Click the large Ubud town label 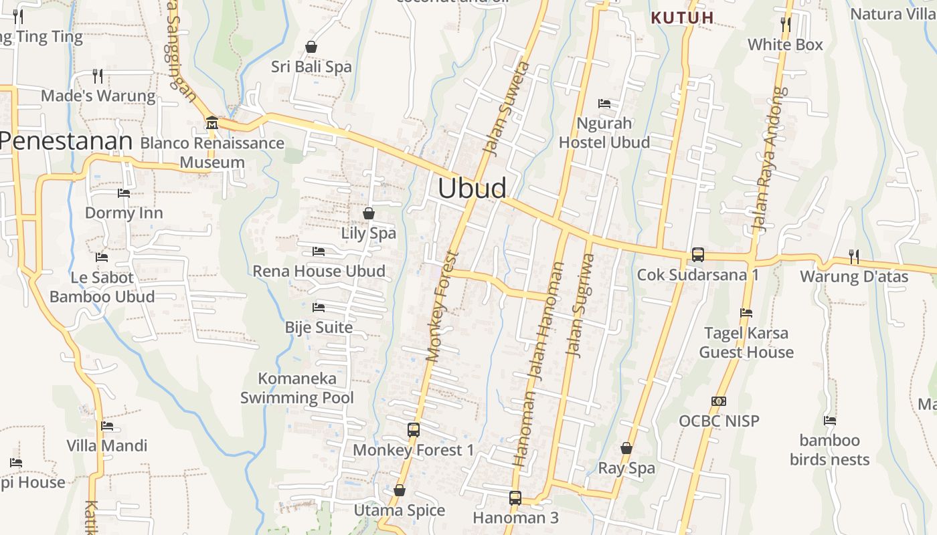coord(472,189)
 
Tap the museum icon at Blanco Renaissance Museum coord(212,123)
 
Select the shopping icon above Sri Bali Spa coord(311,47)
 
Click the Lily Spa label coord(369,233)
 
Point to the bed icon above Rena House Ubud coord(319,251)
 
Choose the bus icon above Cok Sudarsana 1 coord(698,255)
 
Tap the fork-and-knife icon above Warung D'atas coord(853,256)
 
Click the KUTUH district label coord(683,18)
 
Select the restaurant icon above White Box coord(786,25)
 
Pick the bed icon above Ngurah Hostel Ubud coord(604,104)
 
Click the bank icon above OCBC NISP coord(719,401)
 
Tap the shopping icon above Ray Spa coord(626,448)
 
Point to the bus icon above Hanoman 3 coord(515,498)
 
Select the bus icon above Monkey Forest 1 coord(414,430)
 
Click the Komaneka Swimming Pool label coord(297,388)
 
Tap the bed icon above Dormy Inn coord(124,193)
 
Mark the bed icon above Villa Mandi coord(107,426)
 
